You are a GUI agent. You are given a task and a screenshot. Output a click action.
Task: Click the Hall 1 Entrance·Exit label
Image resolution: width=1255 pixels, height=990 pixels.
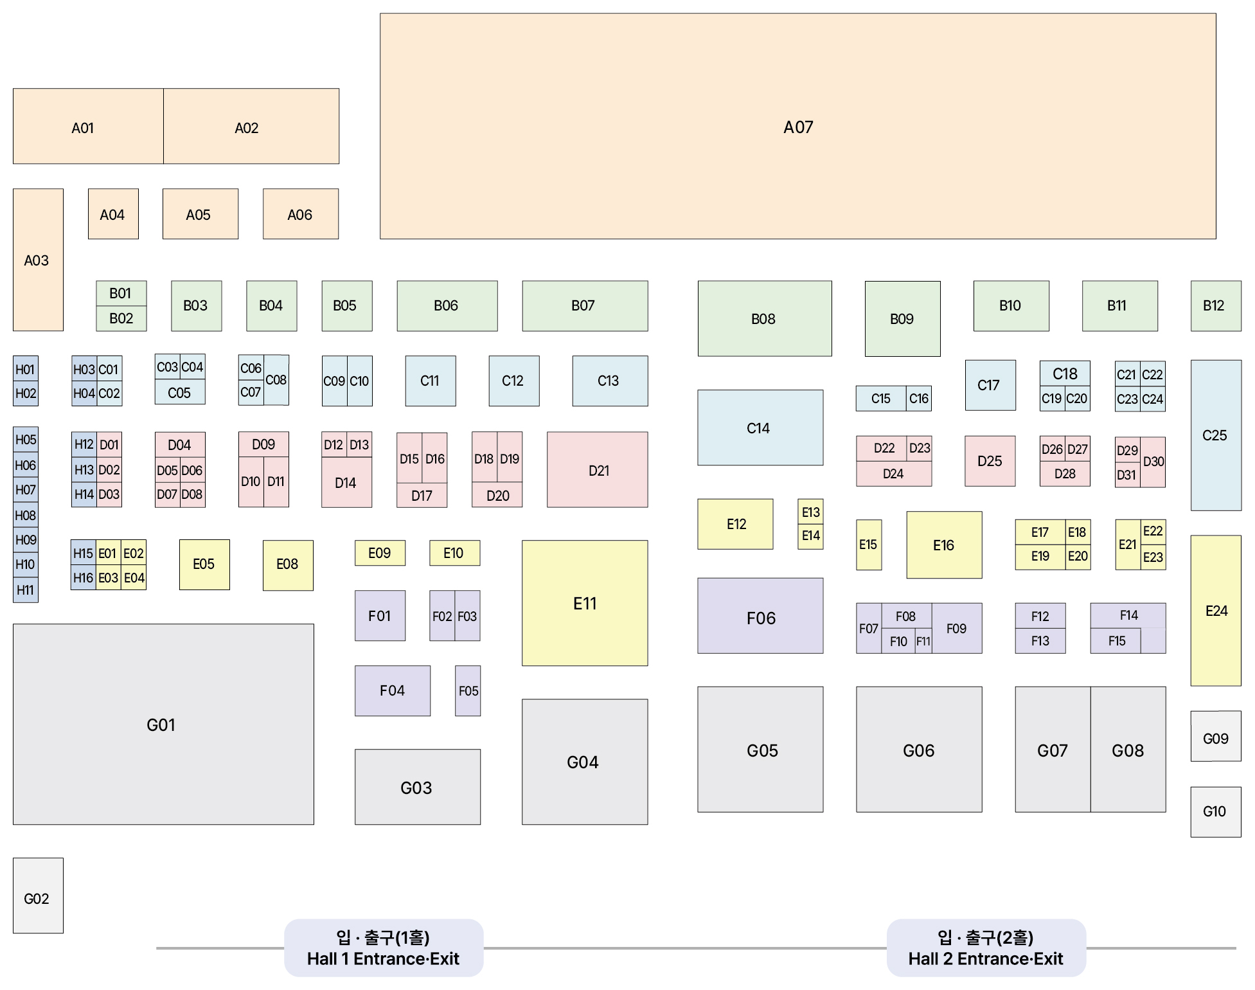tap(384, 948)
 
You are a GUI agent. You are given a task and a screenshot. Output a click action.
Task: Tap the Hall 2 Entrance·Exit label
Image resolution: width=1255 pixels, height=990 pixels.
tap(986, 948)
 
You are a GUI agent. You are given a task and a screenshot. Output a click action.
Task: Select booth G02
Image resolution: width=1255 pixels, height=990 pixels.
tap(38, 896)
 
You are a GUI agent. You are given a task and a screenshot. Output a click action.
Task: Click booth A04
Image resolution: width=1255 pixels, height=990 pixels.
tap(113, 214)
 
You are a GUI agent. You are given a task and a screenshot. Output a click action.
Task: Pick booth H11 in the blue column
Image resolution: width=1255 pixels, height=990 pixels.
tap(26, 590)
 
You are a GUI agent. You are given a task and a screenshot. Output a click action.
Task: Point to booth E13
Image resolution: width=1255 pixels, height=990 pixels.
tap(810, 512)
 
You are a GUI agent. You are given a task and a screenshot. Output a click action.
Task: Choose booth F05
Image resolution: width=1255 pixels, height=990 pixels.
tap(468, 691)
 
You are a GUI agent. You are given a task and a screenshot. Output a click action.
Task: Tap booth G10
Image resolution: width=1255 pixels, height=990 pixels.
tap(1216, 812)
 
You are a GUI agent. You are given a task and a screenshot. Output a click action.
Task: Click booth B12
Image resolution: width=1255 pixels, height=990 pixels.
tap(1216, 306)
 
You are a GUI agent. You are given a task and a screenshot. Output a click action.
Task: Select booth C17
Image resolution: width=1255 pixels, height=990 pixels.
tap(990, 385)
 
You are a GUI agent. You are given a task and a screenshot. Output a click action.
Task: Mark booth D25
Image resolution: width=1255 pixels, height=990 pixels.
tap(990, 461)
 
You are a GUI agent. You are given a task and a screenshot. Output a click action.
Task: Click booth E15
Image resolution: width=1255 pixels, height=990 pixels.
tap(869, 545)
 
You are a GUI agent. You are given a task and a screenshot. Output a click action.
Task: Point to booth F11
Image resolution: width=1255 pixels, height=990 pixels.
tap(923, 641)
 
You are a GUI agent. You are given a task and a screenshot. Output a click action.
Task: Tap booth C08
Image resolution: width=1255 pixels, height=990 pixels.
tap(276, 380)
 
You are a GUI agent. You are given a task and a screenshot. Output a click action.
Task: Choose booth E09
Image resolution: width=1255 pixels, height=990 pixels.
tap(380, 553)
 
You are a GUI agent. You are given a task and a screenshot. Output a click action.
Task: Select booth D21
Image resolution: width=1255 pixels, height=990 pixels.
tap(598, 470)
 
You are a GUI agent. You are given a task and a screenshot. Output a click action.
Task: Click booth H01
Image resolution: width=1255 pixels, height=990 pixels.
tap(26, 369)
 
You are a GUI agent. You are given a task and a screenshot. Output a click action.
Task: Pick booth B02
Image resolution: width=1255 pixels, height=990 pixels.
tap(121, 319)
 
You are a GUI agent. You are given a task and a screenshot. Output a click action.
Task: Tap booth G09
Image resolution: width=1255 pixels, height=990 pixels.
tap(1216, 736)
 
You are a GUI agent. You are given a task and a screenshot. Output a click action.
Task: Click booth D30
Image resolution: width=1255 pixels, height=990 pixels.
tap(1153, 462)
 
